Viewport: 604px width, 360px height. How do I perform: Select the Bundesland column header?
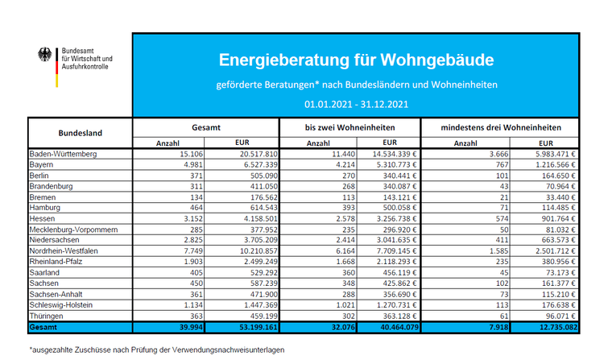pyautogui.click(x=81, y=133)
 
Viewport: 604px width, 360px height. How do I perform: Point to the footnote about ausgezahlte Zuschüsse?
pyautogui.click(x=156, y=350)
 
